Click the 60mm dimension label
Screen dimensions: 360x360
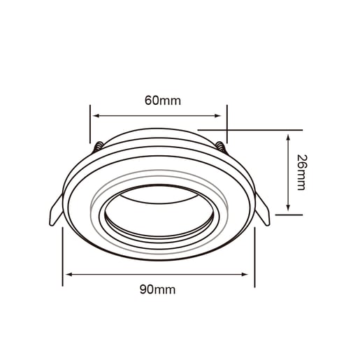pos(163,101)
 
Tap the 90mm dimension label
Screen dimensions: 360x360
pos(157,289)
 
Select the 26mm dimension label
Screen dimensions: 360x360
pos(302,173)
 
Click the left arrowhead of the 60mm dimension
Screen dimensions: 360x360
pos(96,115)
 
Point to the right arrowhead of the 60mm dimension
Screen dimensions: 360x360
pos(217,115)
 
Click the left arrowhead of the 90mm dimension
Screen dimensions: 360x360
pos(69,275)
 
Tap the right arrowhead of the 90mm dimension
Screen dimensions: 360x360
pos(245,275)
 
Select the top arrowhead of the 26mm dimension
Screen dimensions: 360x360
pos(288,138)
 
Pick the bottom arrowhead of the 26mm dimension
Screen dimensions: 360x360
pos(288,208)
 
